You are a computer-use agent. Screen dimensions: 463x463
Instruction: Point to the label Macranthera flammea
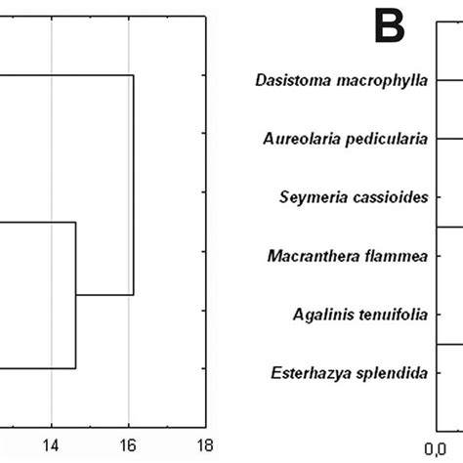click(347, 256)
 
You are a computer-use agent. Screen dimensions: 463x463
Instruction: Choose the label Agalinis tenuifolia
click(359, 314)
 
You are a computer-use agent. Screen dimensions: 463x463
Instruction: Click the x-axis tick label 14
click(51, 443)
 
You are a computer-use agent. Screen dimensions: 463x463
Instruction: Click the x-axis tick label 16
click(128, 443)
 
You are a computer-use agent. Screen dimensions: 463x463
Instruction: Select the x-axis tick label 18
click(204, 443)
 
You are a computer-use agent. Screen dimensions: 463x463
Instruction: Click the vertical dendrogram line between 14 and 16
click(75, 295)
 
